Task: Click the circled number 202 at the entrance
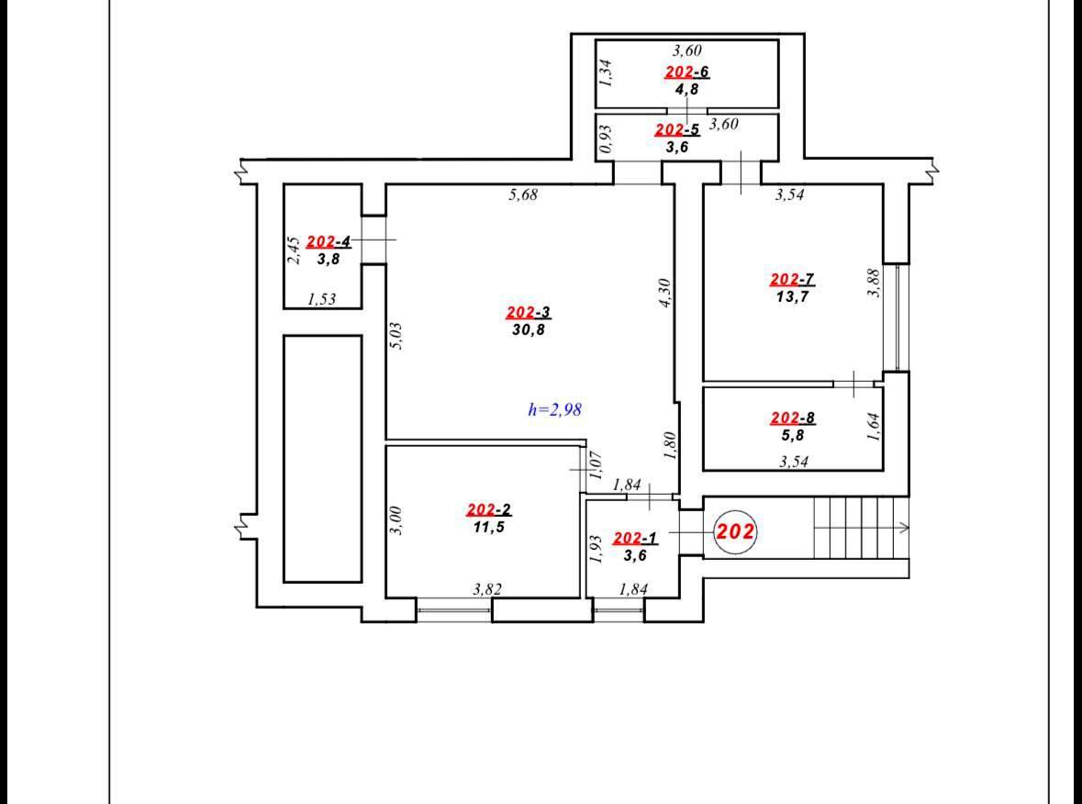[x=736, y=532]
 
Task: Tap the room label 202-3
[x=529, y=313]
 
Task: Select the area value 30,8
[x=529, y=329]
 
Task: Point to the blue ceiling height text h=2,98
[x=555, y=409]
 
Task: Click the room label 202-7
[x=792, y=280]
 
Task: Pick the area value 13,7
[x=792, y=297]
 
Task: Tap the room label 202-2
[x=489, y=510]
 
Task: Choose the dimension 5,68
[x=523, y=195]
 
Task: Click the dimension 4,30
[x=665, y=293]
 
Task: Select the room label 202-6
[x=687, y=72]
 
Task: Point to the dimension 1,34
[x=605, y=72]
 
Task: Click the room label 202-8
[x=792, y=419]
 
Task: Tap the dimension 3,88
[x=874, y=283]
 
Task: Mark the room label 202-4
[x=329, y=241]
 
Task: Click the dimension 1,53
[x=321, y=299]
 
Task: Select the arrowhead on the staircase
[x=905, y=528]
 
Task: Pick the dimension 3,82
[x=487, y=589]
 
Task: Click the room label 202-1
[x=636, y=538]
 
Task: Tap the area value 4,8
[x=687, y=88]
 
